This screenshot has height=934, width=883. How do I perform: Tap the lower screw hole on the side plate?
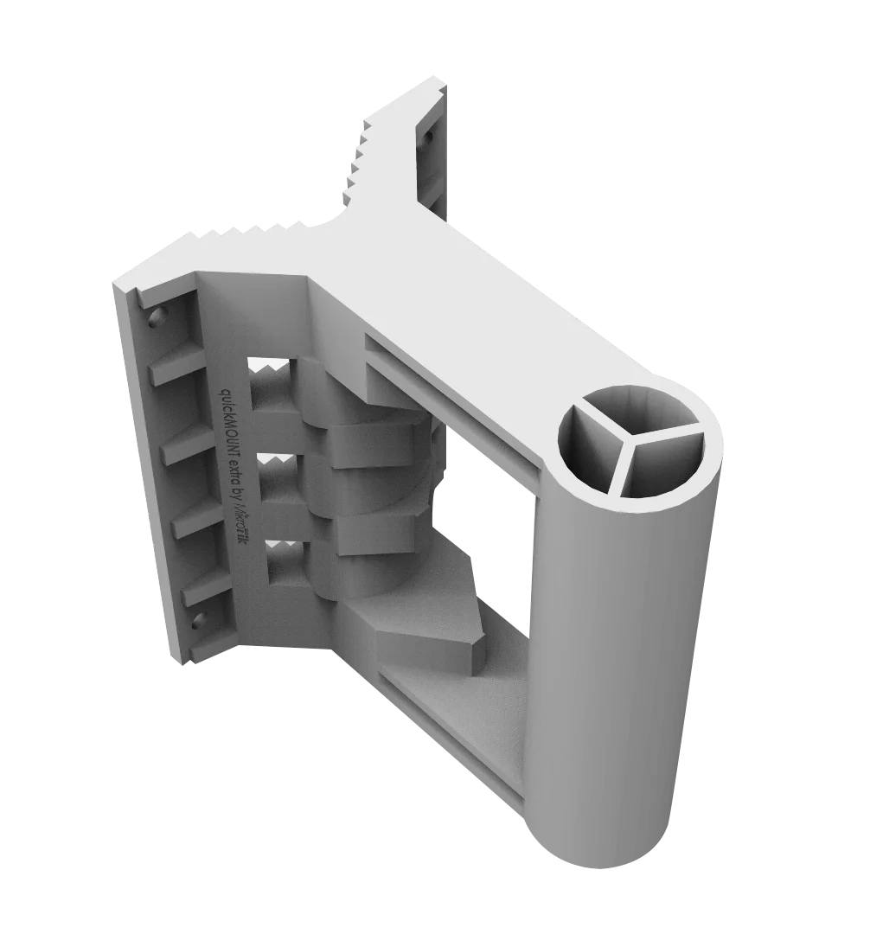(200, 619)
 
